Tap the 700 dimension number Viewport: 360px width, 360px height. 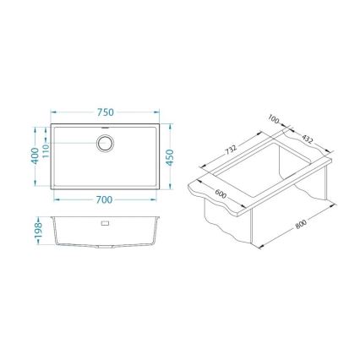[x=104, y=199]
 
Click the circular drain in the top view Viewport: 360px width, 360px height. [x=105, y=143]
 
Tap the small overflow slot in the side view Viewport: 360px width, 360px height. [x=105, y=225]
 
